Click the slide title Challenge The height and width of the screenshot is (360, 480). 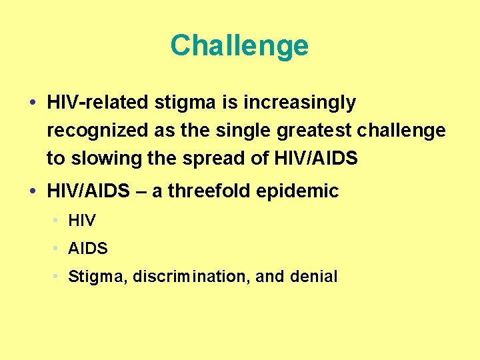point(239,46)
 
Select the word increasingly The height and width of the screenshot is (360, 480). point(300,103)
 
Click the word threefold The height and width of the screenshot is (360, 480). point(209,192)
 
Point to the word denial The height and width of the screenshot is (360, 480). point(314,276)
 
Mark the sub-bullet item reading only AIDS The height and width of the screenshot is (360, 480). point(88,249)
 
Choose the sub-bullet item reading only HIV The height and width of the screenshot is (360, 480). point(82,221)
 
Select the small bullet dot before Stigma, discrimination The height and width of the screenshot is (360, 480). point(58,276)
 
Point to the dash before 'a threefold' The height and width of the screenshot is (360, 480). point(141,192)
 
